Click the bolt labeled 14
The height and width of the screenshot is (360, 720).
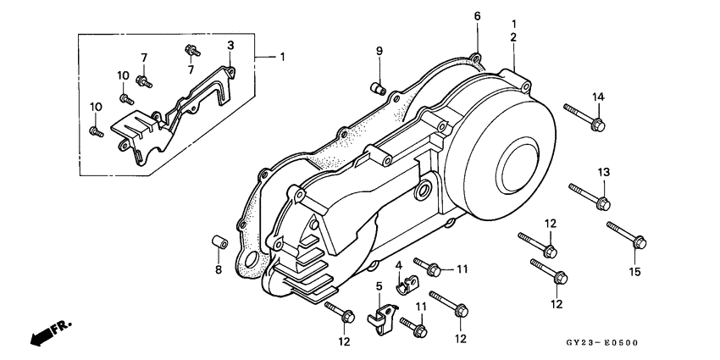(584, 118)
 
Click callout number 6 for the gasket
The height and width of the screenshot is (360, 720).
(477, 16)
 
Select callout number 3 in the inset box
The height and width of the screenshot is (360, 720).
(230, 44)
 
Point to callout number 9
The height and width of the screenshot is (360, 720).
(379, 53)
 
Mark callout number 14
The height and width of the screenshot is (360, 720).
(597, 97)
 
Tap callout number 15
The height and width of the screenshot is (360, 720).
(635, 272)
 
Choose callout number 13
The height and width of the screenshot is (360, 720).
(603, 173)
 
